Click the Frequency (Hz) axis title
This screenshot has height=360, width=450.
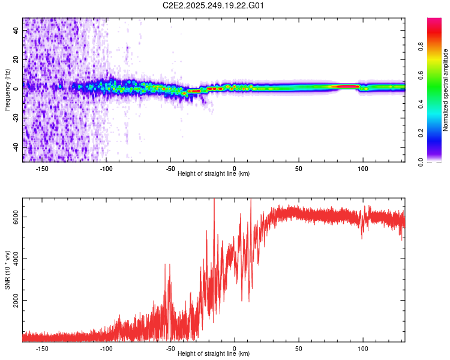7,90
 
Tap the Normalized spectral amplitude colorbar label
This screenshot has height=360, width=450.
446,90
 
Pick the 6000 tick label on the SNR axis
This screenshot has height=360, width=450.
16,218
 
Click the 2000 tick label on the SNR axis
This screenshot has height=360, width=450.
16,301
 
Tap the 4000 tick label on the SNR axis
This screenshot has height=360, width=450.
16,259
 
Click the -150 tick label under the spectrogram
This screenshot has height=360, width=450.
42,169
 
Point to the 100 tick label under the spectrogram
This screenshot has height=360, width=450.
362,169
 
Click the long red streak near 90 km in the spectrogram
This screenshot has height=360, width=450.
346,86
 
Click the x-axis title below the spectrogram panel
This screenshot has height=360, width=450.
214,174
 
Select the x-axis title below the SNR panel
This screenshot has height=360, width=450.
214,354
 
